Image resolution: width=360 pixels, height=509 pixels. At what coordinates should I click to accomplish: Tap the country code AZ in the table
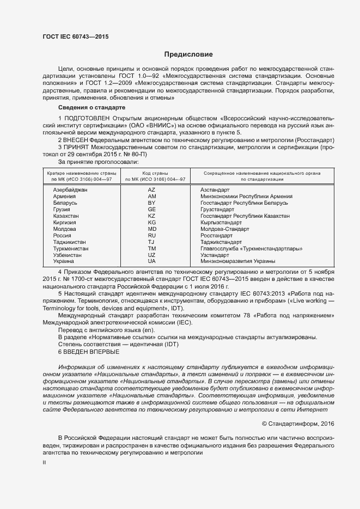[x=152, y=189]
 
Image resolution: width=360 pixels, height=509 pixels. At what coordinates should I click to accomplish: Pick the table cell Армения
[x=65, y=196]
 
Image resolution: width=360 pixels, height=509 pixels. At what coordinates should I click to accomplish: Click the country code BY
[x=152, y=203]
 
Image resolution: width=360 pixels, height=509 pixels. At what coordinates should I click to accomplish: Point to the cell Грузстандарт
[x=217, y=209]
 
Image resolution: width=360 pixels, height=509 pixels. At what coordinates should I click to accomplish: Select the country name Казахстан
[x=66, y=216]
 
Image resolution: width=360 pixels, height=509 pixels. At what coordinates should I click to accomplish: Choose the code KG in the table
[x=152, y=223]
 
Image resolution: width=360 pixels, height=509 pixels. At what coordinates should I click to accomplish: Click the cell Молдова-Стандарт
[x=225, y=229]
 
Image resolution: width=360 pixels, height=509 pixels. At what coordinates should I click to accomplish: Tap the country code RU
[x=152, y=236]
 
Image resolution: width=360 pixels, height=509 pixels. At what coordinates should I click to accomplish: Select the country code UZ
[x=152, y=255]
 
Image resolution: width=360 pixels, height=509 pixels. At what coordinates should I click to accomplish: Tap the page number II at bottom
[x=45, y=462]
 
